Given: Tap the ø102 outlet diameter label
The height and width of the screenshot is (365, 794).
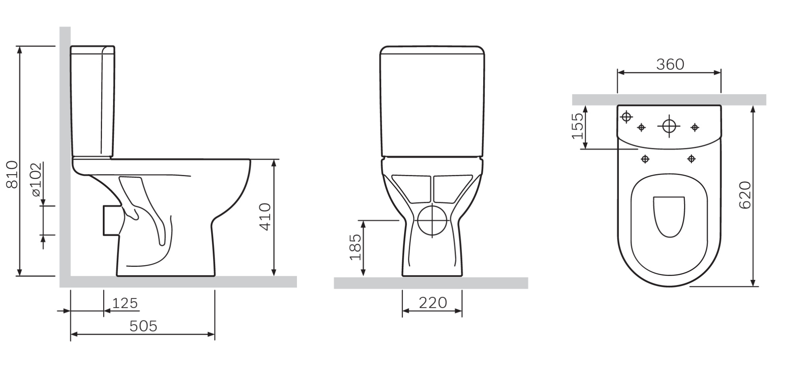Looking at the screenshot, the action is (36, 179).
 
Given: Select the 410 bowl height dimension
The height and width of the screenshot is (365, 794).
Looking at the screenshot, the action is (265, 217).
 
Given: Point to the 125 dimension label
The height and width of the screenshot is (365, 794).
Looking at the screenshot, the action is (125, 303).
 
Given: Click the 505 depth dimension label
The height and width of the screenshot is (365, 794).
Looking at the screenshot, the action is (143, 326).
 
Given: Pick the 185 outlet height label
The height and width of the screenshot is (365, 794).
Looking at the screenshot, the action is (355, 247).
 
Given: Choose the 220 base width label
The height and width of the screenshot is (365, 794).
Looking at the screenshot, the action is (433, 303).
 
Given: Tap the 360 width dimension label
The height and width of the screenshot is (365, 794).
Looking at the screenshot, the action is (670, 64).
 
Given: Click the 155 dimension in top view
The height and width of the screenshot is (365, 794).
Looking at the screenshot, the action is (578, 126).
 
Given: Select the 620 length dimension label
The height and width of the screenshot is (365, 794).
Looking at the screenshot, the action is (745, 195).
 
